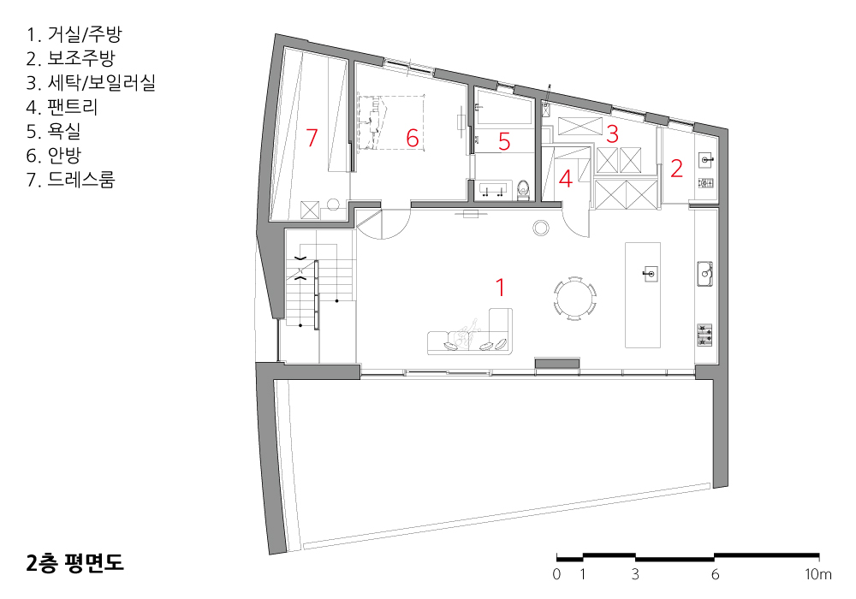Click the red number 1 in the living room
click(500, 288)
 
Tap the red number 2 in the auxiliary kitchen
click(676, 169)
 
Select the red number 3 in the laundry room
click(612, 134)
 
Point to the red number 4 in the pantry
click(565, 179)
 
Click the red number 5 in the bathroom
click(504, 142)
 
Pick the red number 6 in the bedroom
click(413, 138)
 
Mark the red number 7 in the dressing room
click(312, 138)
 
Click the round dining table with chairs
click(575, 299)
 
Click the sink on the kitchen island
click(650, 273)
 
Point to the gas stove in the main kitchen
click(704, 335)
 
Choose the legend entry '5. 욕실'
click(53, 131)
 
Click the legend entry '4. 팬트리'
click(62, 107)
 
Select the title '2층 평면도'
click(74, 563)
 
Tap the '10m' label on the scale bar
click(818, 574)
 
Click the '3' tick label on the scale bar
click(635, 574)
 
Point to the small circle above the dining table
click(541, 228)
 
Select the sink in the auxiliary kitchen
click(706, 160)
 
